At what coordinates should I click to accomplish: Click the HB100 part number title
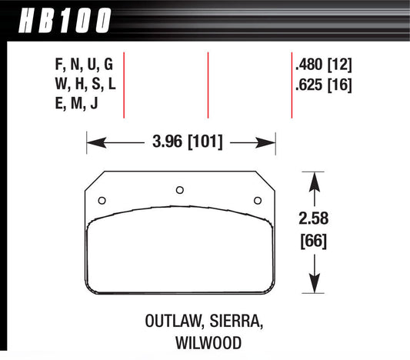61,21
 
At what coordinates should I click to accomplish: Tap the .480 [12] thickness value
322,65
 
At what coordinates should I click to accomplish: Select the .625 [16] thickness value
322,85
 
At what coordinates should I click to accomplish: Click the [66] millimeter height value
313,241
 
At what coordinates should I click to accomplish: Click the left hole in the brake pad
102,202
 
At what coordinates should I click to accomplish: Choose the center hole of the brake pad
180,189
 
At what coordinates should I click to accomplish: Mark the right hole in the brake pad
257,202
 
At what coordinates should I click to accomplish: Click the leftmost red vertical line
124,85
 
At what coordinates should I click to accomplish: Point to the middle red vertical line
208,85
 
